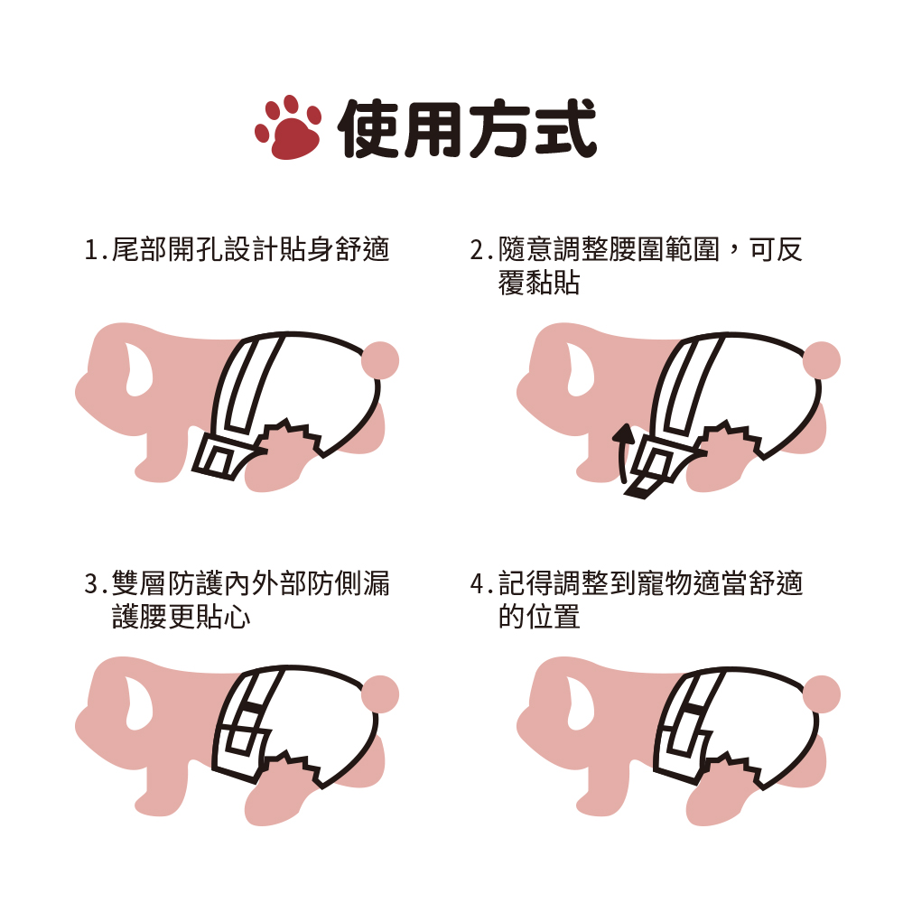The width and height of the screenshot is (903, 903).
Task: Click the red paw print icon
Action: pos(289,127)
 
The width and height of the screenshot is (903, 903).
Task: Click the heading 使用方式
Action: pos(467,128)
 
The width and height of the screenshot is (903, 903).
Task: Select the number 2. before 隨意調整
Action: pos(480,250)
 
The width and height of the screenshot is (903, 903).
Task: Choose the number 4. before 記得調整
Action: pos(480,584)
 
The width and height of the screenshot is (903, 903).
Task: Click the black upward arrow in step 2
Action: pos(621,451)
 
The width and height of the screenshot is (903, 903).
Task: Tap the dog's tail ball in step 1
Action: pos(379,360)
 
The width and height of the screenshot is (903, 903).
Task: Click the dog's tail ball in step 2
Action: pos(822,360)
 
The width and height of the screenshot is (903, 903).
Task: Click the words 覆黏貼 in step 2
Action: pos(539,284)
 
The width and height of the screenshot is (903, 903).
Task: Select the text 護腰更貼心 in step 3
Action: pos(181,619)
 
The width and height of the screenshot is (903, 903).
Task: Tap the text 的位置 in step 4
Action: pos(539,619)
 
